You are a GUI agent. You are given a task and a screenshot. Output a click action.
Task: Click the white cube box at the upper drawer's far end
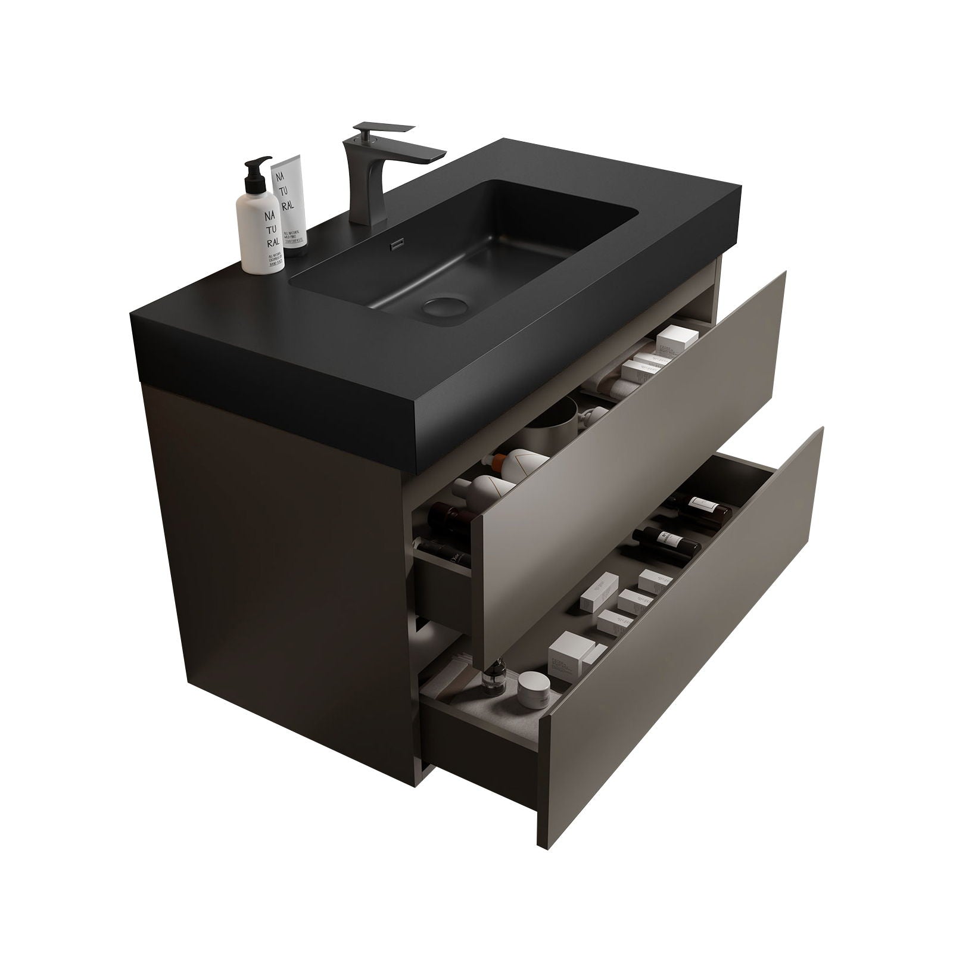click(x=672, y=343)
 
